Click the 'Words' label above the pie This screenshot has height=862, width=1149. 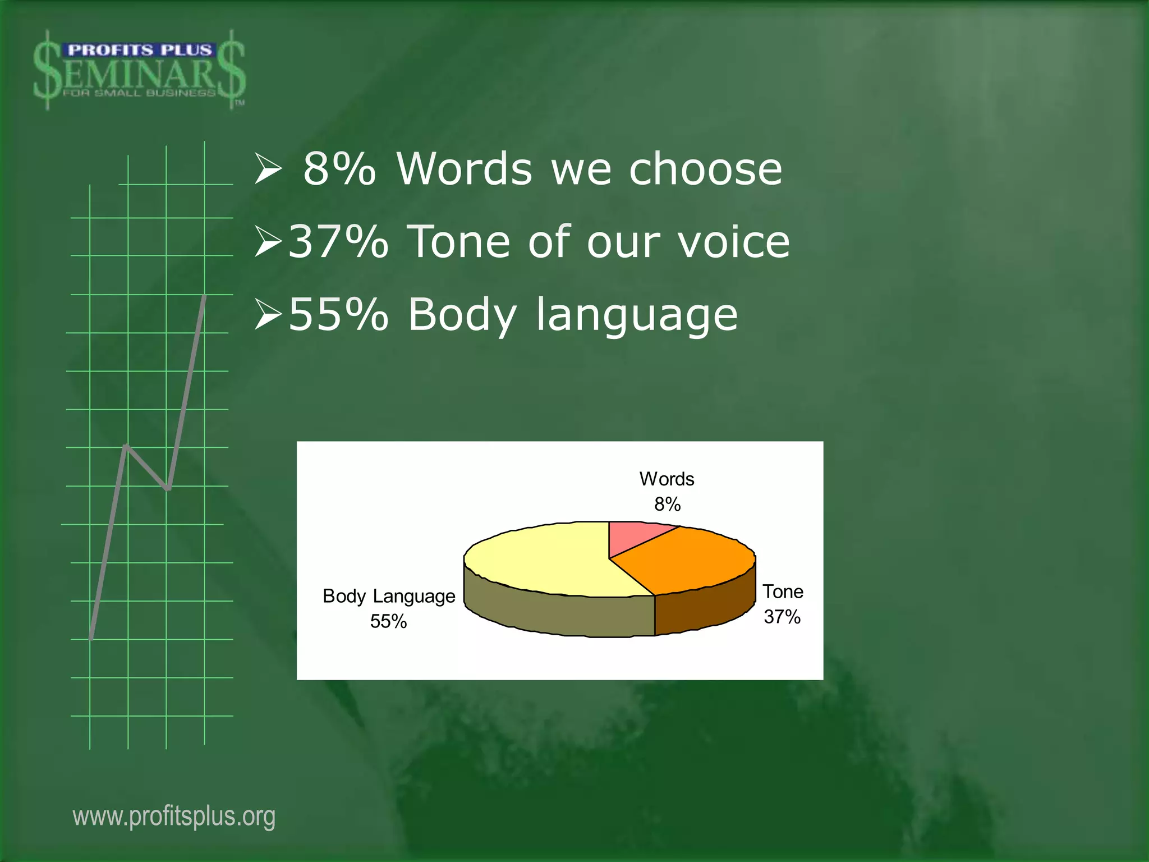[x=667, y=479]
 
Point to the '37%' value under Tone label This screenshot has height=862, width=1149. [x=782, y=617]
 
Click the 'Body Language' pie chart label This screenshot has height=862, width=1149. [x=389, y=596]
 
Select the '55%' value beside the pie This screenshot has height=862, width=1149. [x=388, y=622]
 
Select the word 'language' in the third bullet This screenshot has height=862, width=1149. [x=637, y=315]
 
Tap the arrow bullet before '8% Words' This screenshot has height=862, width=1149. [x=268, y=170]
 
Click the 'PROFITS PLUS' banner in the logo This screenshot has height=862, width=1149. [x=139, y=51]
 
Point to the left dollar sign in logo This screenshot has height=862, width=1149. [x=47, y=70]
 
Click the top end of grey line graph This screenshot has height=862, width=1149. [x=205, y=296]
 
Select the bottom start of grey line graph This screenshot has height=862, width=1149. [x=91, y=638]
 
